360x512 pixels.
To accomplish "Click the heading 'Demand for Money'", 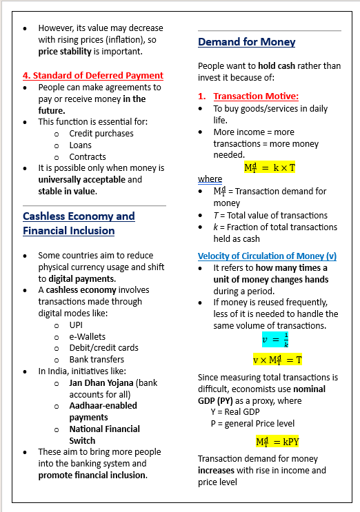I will coord(246,42).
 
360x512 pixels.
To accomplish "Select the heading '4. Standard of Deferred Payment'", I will coord(93,75).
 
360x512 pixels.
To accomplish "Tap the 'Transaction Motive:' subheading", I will coord(255,96).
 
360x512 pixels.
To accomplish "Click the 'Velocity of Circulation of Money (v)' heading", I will coord(267,256).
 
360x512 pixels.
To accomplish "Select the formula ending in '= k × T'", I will coord(270,167).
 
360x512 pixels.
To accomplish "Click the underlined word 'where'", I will coord(210,179).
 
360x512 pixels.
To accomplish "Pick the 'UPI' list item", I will coord(77,325).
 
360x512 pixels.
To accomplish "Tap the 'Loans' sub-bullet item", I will coord(80,145).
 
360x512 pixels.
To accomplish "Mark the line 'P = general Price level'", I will coord(252,423).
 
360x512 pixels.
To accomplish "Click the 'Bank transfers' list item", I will coord(97,359).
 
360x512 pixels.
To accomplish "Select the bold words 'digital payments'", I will coord(81,278).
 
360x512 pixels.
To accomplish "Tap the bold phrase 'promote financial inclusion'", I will coord(92,475).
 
